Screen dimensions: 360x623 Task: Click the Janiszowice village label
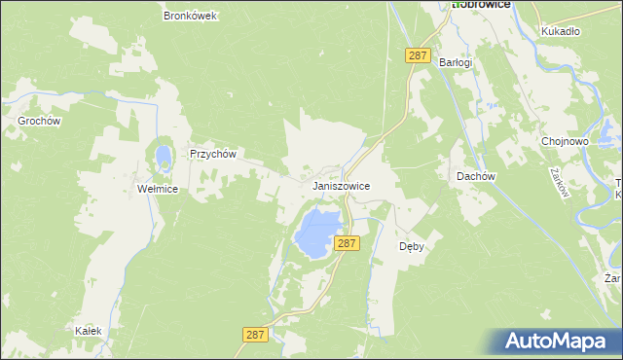click(341, 184)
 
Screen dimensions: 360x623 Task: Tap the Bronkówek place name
click(190, 17)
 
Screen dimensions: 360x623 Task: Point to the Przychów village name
click(214, 154)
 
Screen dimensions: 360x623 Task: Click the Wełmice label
click(157, 189)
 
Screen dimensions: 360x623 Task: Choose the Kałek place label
click(89, 331)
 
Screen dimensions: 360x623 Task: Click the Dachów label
click(477, 176)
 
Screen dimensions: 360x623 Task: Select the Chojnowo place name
click(565, 141)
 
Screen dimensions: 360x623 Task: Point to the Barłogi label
click(455, 62)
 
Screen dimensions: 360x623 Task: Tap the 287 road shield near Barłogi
click(418, 57)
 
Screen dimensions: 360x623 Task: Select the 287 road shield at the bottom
click(255, 334)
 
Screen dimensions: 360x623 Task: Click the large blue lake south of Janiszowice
click(318, 231)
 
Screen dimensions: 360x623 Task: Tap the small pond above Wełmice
click(162, 156)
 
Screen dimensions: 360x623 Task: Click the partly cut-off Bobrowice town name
click(488, 5)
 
